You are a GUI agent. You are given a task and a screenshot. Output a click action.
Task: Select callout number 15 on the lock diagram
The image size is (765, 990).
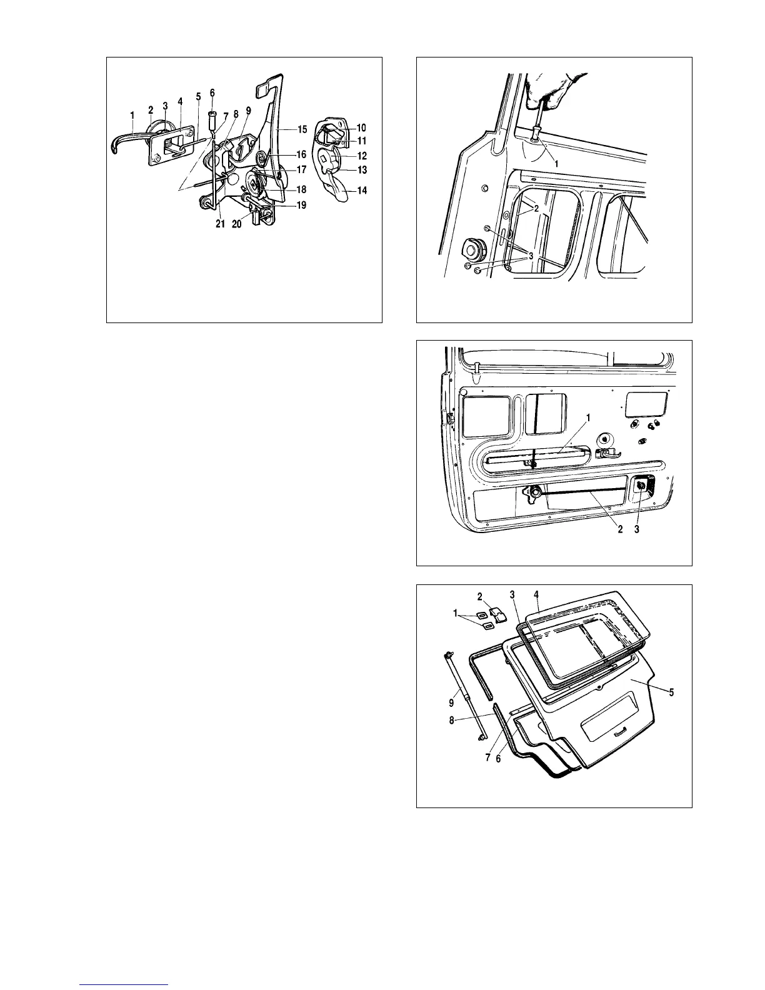coord(302,130)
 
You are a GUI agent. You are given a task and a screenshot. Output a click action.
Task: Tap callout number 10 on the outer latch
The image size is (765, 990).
coord(361,127)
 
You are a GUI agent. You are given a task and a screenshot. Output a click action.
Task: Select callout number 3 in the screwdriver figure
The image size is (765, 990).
coord(531,256)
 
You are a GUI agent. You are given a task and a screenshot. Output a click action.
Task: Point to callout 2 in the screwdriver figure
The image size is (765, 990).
coord(536,208)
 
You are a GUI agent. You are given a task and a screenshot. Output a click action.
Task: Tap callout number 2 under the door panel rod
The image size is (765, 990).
coord(620,529)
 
